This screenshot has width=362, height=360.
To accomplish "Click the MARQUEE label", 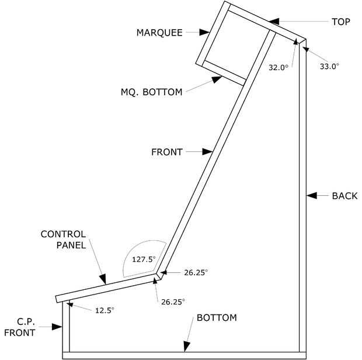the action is click(x=159, y=33).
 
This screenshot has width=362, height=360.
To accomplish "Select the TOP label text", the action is click(x=341, y=22).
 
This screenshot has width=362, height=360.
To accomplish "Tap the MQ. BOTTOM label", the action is click(x=151, y=92).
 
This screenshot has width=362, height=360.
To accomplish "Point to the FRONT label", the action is click(x=167, y=152).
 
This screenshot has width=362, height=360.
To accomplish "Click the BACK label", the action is click(x=344, y=196).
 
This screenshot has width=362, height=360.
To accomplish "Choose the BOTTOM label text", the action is click(x=217, y=318).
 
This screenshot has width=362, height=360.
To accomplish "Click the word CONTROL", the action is click(x=63, y=234).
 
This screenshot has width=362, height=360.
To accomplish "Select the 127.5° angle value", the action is click(x=144, y=259).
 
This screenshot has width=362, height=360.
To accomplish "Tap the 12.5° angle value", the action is click(x=105, y=310).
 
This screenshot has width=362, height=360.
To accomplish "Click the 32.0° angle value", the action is click(x=279, y=67).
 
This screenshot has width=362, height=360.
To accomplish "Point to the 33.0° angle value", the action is click(x=329, y=66).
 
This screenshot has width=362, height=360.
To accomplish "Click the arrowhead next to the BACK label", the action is click(x=312, y=195).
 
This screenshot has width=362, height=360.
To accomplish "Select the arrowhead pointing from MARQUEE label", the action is click(x=204, y=32).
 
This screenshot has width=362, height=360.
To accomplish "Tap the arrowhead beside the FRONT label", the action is click(x=207, y=151).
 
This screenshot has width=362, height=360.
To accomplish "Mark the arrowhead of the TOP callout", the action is click(x=274, y=22).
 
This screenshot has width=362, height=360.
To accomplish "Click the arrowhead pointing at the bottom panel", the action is click(x=186, y=347).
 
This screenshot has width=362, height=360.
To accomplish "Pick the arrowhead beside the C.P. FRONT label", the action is click(x=57, y=327).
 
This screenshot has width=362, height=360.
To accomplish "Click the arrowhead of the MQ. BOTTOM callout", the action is click(x=217, y=79).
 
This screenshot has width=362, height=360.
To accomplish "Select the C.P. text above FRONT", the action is click(x=26, y=321).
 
